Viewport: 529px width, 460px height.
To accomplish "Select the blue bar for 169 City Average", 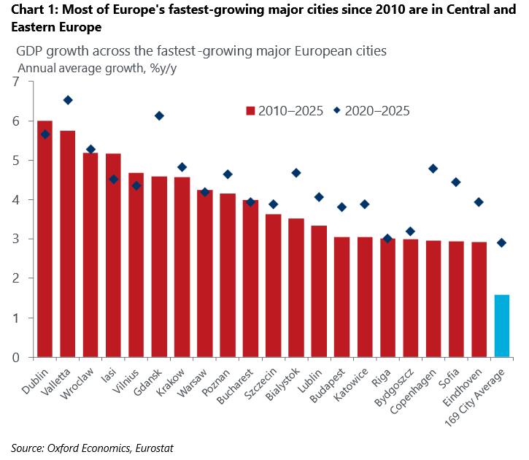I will (501, 326).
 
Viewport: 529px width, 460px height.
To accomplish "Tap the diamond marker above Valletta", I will (68, 100).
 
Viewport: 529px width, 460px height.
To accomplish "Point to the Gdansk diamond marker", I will (159, 116).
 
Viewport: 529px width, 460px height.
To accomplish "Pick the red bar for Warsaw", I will (205, 273).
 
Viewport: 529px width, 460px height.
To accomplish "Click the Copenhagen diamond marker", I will (433, 169).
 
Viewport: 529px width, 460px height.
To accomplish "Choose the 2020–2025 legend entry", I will (373, 111).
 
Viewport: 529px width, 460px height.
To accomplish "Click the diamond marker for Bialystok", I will (296, 173).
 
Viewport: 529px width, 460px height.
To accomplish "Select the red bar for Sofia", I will (456, 299).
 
